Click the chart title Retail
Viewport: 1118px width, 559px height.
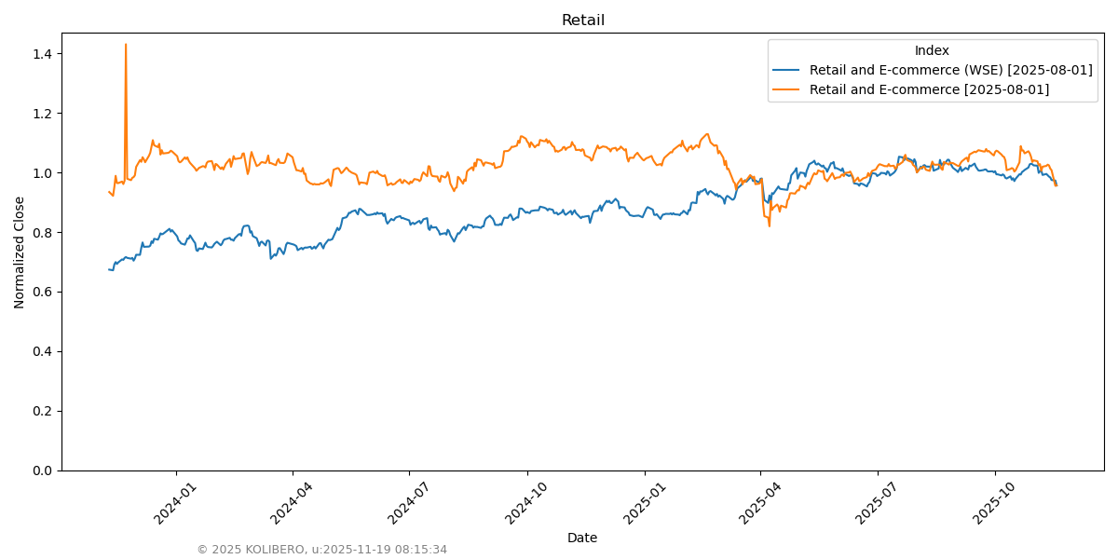click(x=582, y=20)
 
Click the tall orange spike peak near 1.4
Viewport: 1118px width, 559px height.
click(x=126, y=45)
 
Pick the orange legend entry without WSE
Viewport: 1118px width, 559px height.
click(x=929, y=89)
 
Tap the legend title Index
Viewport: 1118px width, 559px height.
click(x=932, y=50)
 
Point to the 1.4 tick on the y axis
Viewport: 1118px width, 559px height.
click(x=41, y=54)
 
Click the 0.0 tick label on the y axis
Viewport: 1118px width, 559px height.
click(x=41, y=470)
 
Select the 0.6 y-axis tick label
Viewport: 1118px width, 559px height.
click(x=41, y=292)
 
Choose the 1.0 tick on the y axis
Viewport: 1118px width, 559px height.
click(x=41, y=173)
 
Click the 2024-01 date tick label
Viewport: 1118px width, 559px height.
click(x=171, y=503)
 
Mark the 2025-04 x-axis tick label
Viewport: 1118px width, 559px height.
click(x=756, y=503)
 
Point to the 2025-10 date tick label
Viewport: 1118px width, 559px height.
click(x=990, y=503)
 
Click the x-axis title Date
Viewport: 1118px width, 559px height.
click(x=582, y=538)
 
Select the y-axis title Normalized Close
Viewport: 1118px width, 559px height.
click(x=20, y=252)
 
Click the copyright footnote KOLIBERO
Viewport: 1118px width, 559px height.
click(x=321, y=550)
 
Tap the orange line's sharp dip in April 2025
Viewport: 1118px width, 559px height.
click(x=770, y=225)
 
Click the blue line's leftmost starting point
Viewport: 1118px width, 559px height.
click(x=109, y=269)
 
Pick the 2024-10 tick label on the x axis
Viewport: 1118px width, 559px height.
click(x=523, y=503)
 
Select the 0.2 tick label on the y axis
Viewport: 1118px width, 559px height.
click(x=41, y=411)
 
